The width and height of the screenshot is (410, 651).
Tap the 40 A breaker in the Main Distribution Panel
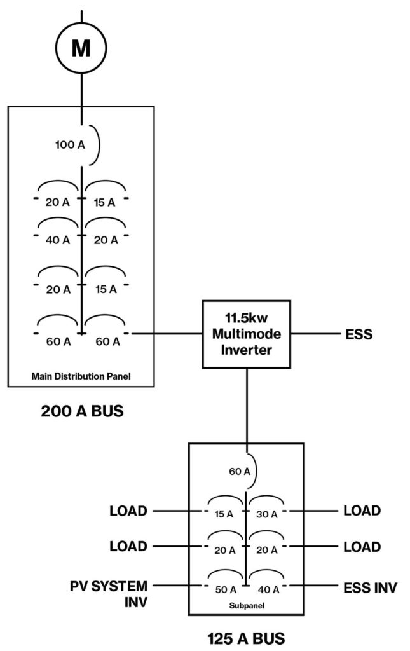click(x=58, y=240)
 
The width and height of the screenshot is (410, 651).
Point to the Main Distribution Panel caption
click(x=80, y=376)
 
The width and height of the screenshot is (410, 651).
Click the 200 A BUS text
click(x=82, y=411)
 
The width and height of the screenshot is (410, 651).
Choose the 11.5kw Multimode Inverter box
click(x=246, y=334)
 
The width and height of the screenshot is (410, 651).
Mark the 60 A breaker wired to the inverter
click(x=107, y=341)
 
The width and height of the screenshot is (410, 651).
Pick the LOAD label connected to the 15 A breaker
click(x=128, y=511)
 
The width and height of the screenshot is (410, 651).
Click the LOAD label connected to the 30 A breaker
click(x=362, y=511)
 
